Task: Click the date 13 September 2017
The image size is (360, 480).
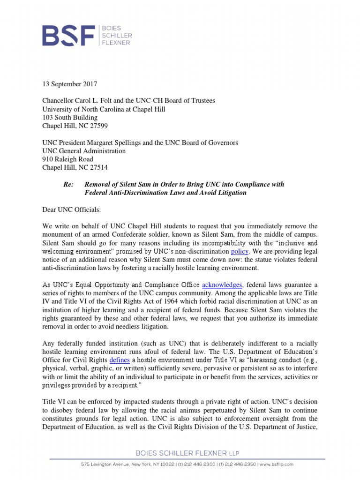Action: click(69, 84)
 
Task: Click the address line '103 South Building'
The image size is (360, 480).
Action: click(70, 117)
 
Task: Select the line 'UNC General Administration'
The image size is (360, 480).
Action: click(84, 151)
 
